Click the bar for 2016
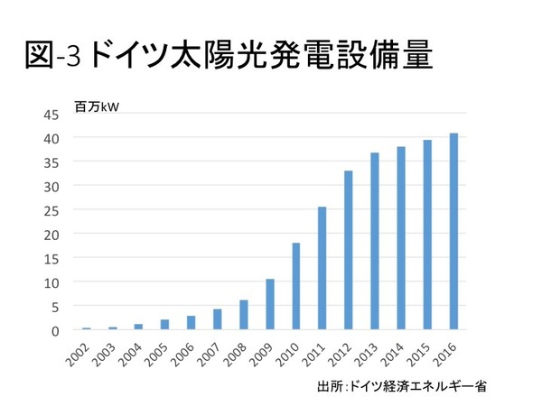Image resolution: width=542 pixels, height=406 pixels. click(453, 232)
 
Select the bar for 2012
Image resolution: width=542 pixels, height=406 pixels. click(348, 250)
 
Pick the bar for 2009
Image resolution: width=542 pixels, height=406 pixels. click(269, 304)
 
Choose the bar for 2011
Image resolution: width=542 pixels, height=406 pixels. click(322, 268)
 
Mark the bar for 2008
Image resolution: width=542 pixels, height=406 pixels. click(243, 315)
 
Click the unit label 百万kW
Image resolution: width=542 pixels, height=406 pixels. click(97, 108)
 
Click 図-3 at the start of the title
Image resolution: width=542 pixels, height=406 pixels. click(52, 58)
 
